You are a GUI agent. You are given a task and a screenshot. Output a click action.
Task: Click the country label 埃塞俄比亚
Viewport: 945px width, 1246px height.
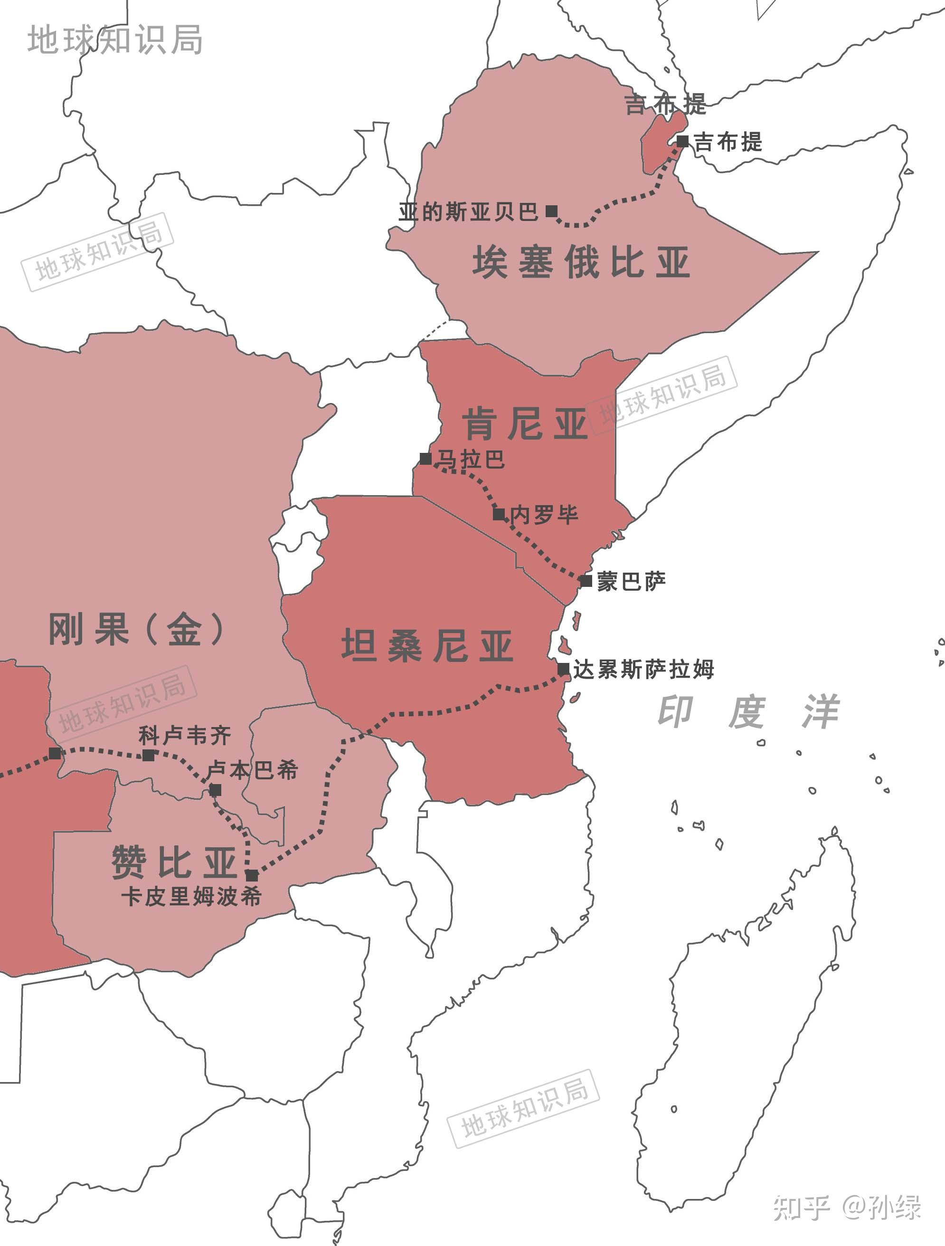click(x=581, y=262)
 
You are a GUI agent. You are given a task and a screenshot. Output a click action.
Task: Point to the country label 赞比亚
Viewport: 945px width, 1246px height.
click(x=174, y=862)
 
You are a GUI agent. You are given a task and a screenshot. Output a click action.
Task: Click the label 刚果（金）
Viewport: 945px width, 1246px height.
click(x=136, y=629)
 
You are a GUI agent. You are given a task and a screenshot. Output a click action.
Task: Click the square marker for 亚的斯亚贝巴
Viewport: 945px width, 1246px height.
click(x=552, y=211)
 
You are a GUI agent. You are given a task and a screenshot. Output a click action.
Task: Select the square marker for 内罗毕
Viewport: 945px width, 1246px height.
click(x=499, y=514)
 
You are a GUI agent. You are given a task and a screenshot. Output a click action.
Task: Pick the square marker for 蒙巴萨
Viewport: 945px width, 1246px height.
click(x=586, y=581)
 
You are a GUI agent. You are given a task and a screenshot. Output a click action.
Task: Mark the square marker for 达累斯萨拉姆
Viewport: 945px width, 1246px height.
click(x=563, y=669)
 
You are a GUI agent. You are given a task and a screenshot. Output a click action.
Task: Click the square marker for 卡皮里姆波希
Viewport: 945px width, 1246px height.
click(x=252, y=875)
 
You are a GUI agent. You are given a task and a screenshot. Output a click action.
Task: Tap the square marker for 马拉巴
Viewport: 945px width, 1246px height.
click(x=426, y=459)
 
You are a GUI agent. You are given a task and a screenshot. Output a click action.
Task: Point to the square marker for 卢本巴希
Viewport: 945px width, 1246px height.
click(x=215, y=790)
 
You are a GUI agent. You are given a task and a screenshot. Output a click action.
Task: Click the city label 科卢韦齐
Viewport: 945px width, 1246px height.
click(x=185, y=735)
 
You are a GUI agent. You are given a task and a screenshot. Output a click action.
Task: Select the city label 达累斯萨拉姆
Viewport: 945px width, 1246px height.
click(x=644, y=670)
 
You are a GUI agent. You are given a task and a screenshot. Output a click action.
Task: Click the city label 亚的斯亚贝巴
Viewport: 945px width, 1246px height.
click(x=468, y=212)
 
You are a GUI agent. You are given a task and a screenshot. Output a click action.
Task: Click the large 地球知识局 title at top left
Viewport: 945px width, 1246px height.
click(x=115, y=39)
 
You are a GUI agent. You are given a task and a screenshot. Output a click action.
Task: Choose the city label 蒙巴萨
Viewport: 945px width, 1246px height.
click(x=632, y=581)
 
